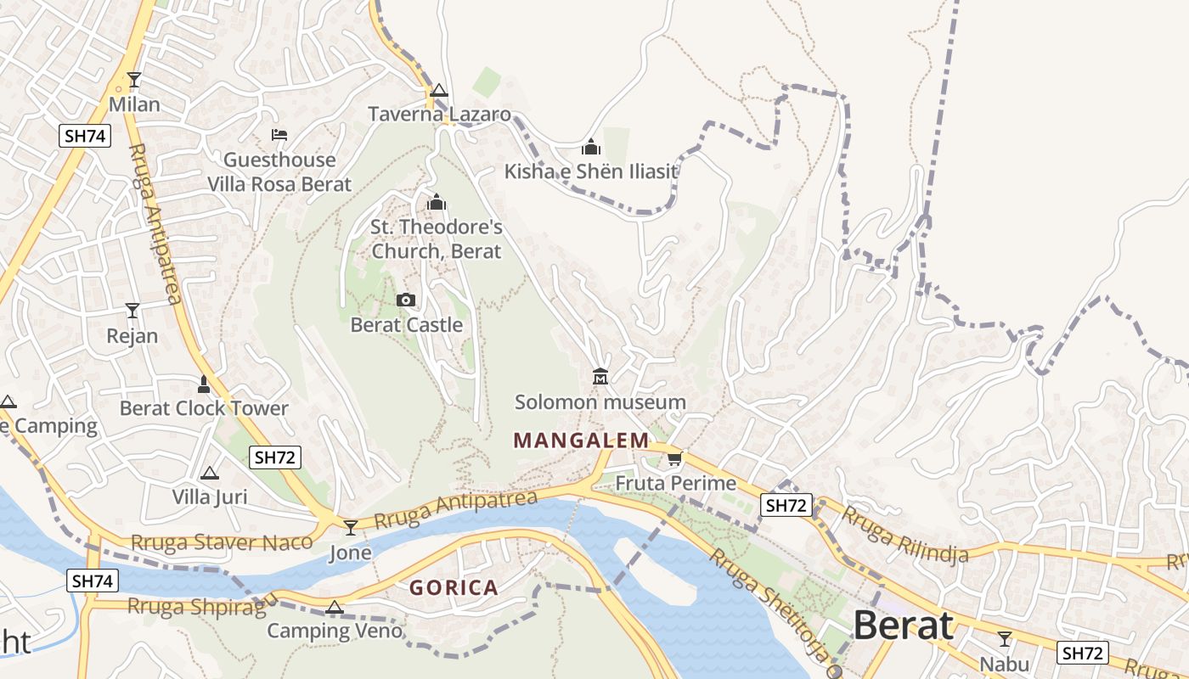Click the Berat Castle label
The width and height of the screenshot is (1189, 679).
[x=407, y=325]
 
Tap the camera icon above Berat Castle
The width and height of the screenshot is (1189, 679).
[x=406, y=300]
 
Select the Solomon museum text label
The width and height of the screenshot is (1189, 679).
[x=600, y=401]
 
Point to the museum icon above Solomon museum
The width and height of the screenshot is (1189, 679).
[x=600, y=376]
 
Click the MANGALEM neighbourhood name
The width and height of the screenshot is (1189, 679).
[x=582, y=441]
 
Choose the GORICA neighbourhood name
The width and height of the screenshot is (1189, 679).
[x=454, y=587]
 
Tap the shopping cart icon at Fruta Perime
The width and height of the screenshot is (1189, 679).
[x=674, y=458]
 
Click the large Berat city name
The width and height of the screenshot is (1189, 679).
[x=903, y=626]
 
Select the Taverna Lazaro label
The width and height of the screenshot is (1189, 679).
[x=439, y=115]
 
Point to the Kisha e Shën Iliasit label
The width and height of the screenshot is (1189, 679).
[x=591, y=171]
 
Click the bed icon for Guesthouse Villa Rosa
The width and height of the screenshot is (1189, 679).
[x=279, y=134]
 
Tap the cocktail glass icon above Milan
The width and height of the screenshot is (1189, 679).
[x=134, y=80]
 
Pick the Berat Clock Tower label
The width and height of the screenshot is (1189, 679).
[x=204, y=408]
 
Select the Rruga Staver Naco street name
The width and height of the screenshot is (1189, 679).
[x=222, y=542]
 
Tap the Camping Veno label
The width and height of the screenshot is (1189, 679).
[x=335, y=631]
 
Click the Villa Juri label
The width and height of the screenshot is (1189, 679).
[x=210, y=497]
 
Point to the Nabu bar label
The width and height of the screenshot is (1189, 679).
[x=1004, y=664]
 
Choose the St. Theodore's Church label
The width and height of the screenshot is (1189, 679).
[x=437, y=239]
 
